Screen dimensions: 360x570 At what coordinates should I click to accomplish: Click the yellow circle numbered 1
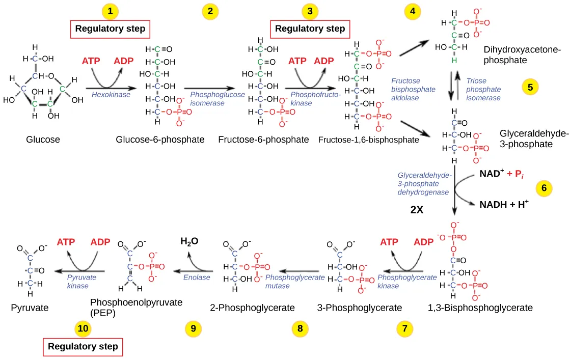(110, 11)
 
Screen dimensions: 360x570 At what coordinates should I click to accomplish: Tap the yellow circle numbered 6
(544, 188)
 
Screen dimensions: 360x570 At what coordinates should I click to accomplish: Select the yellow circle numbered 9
(193, 329)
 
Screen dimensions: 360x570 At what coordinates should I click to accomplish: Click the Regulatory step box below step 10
(83, 347)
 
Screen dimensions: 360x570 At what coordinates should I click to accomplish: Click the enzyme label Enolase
(197, 278)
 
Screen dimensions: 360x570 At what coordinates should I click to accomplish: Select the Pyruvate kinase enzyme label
(82, 282)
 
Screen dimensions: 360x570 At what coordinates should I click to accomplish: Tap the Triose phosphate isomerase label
(483, 89)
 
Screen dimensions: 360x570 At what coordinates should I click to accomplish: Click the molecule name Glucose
(43, 140)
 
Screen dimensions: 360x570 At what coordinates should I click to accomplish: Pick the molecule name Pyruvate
(30, 308)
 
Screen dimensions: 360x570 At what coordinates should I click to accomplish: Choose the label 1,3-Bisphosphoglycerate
(481, 308)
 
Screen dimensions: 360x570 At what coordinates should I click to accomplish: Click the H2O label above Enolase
(189, 241)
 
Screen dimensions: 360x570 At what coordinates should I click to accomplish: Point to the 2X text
(417, 209)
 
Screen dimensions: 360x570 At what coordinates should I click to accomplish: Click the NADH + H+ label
(503, 205)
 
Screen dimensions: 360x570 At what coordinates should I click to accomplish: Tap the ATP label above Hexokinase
(91, 61)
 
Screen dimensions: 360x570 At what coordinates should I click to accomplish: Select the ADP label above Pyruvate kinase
(100, 242)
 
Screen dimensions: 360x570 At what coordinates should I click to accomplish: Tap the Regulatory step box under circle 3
(310, 29)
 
